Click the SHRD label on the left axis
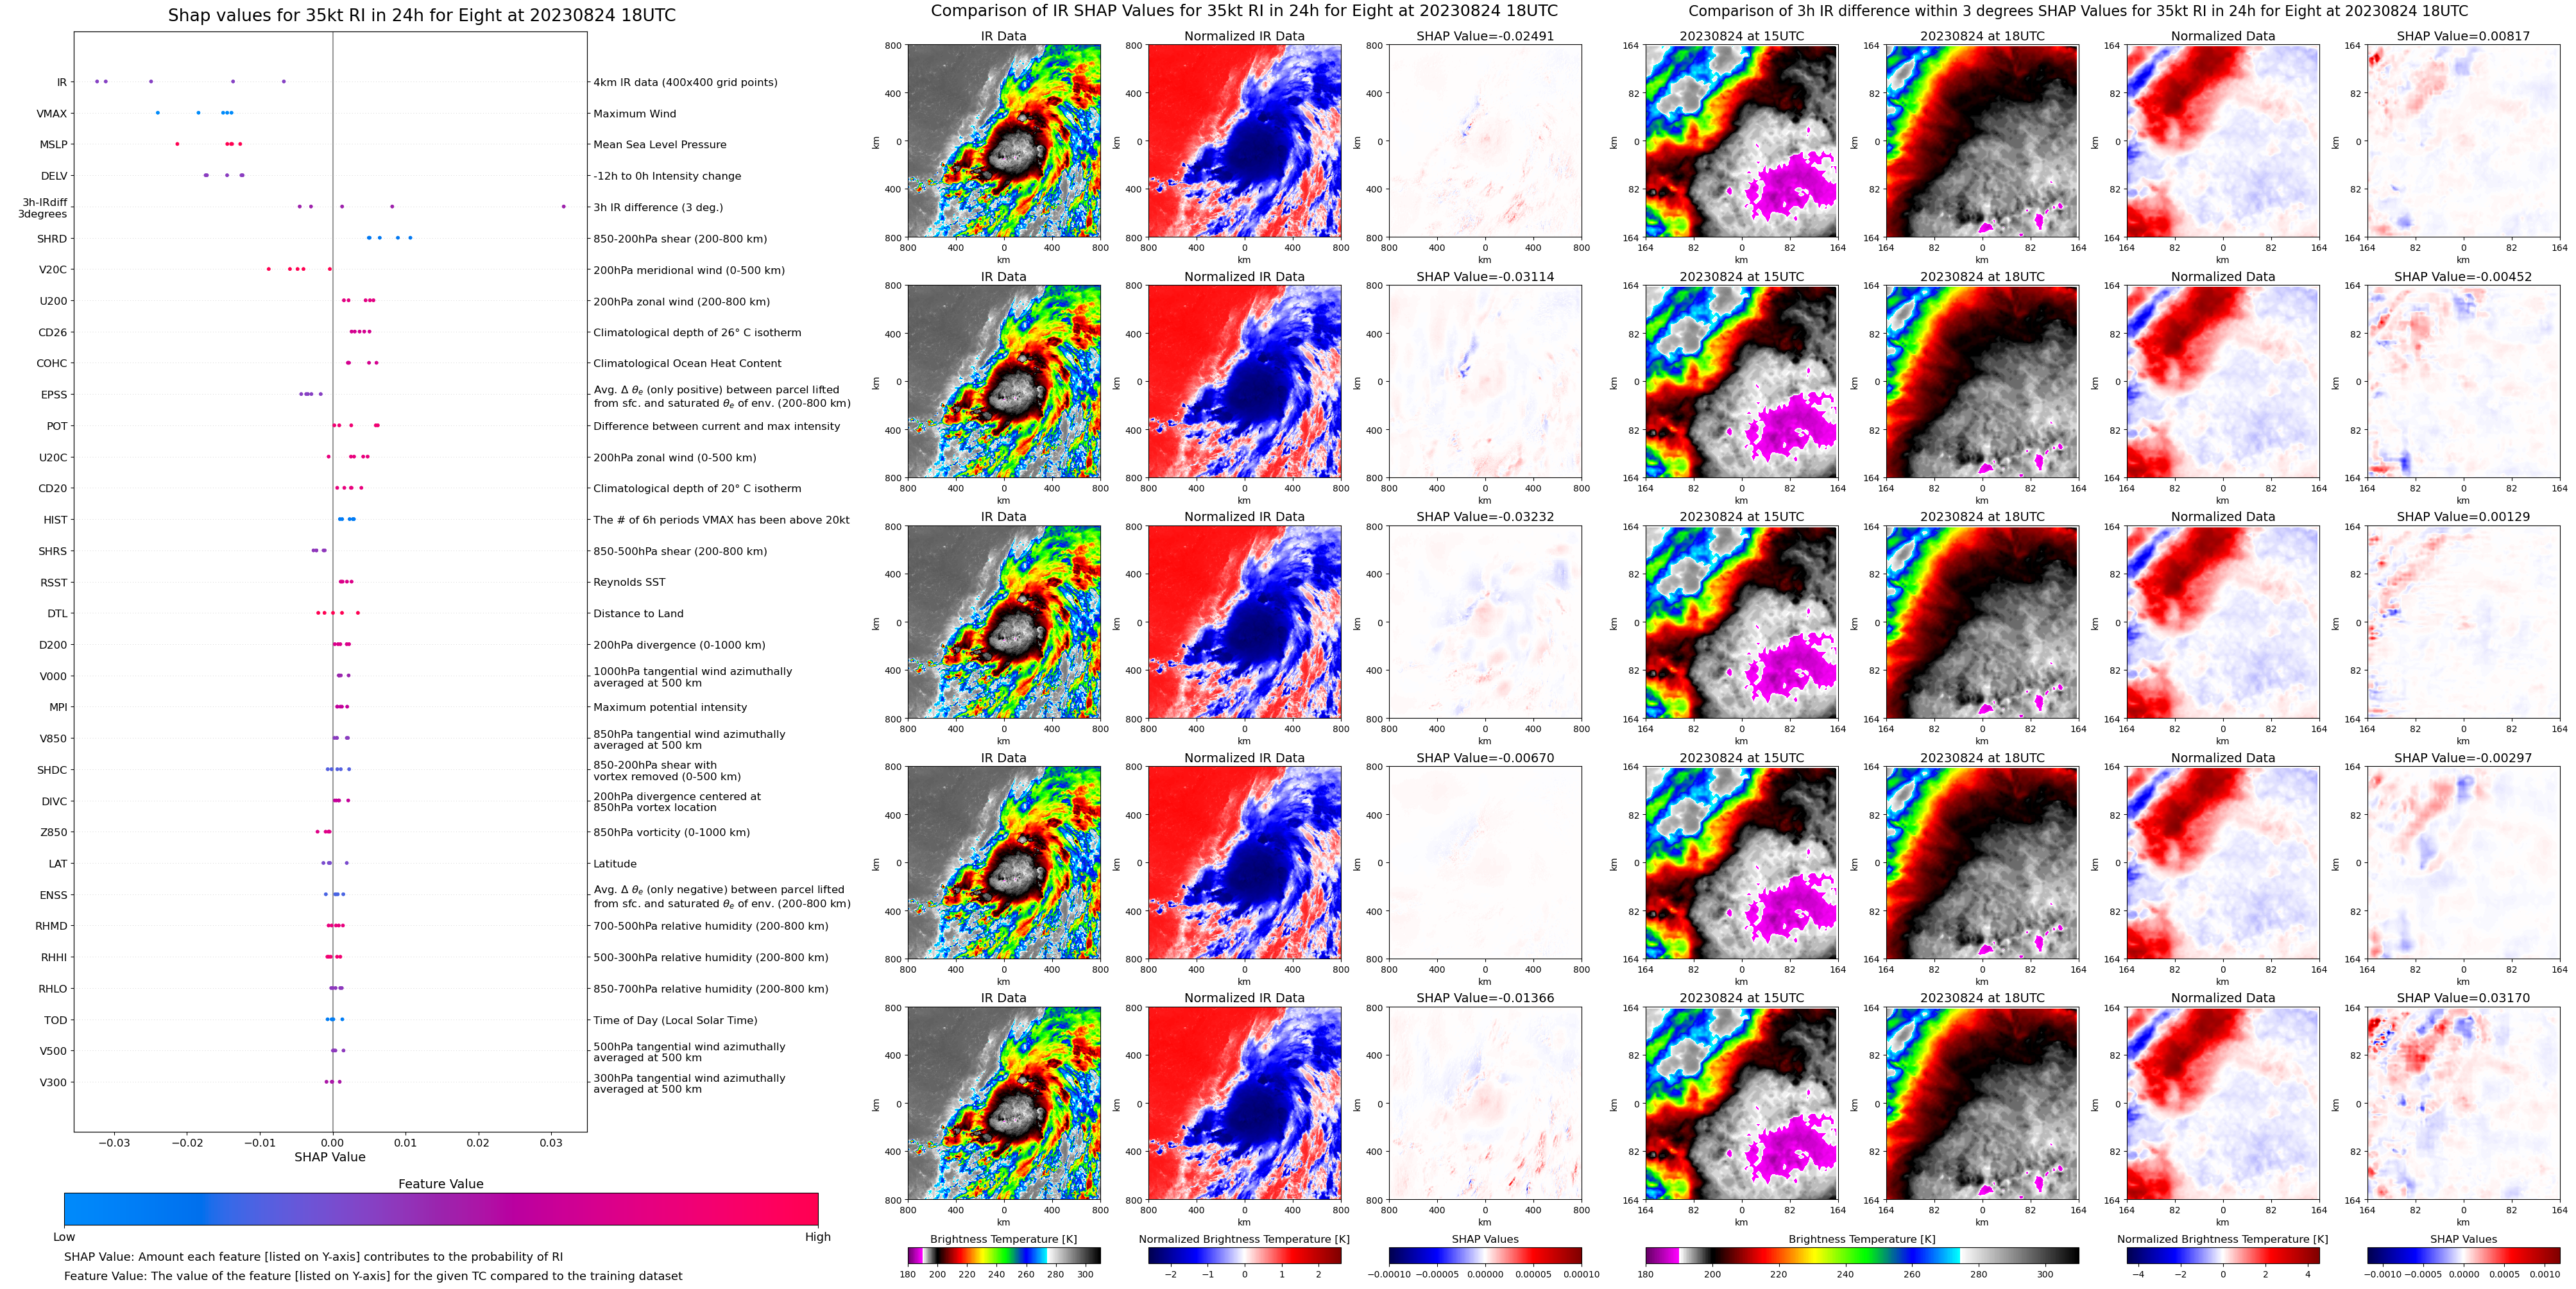[x=52, y=239]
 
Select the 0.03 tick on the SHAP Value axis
[x=551, y=1142]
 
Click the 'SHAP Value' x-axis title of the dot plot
[x=330, y=1157]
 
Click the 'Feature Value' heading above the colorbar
[x=440, y=1184]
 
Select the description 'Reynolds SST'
[x=629, y=582]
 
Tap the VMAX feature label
[x=52, y=114]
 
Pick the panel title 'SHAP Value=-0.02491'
[x=1485, y=36]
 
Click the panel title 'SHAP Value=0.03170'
[x=2463, y=998]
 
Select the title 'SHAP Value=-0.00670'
[x=1485, y=758]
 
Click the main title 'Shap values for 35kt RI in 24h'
[x=421, y=15]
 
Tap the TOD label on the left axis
[x=55, y=1020]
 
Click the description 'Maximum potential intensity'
[x=670, y=707]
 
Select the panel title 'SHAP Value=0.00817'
[x=2463, y=36]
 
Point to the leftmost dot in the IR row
[x=96, y=81]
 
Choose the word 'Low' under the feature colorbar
[x=64, y=1237]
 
